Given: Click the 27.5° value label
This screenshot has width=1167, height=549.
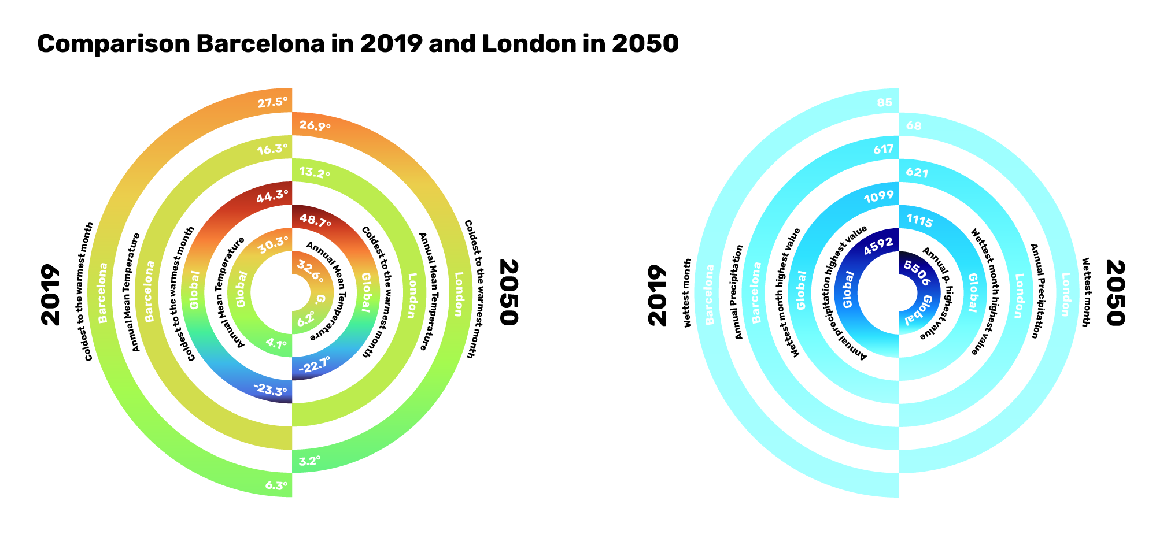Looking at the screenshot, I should pyautogui.click(x=272, y=103).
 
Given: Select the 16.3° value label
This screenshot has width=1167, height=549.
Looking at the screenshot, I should pyautogui.click(x=272, y=149).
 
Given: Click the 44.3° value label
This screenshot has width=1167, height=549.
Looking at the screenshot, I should pyautogui.click(x=272, y=196).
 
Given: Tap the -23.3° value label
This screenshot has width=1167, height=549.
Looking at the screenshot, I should pyautogui.click(x=270, y=390).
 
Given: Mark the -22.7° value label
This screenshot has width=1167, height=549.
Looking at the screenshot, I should pyautogui.click(x=314, y=365).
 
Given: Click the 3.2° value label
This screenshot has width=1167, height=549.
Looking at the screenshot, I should pyautogui.click(x=309, y=461).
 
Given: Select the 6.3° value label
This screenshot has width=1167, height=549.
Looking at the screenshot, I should pyautogui.click(x=276, y=485).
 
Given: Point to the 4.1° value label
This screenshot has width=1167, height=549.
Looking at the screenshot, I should pyautogui.click(x=276, y=344).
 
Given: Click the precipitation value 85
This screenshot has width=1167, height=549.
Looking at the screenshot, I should pyautogui.click(x=885, y=103).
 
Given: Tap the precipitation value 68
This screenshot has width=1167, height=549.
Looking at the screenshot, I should pyautogui.click(x=914, y=126).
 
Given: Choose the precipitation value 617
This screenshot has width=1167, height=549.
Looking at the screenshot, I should pyautogui.click(x=884, y=149).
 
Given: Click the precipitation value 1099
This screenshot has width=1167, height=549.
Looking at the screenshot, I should pyautogui.click(x=879, y=196).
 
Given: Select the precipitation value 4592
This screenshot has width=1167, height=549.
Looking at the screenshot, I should pyautogui.click(x=878, y=246).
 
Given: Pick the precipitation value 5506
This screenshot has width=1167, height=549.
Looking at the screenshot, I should pyautogui.click(x=917, y=273).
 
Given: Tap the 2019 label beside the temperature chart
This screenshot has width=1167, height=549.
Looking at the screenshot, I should pyautogui.click(x=50, y=295).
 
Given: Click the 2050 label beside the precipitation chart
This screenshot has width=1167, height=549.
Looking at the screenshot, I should pyautogui.click(x=1116, y=293).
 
